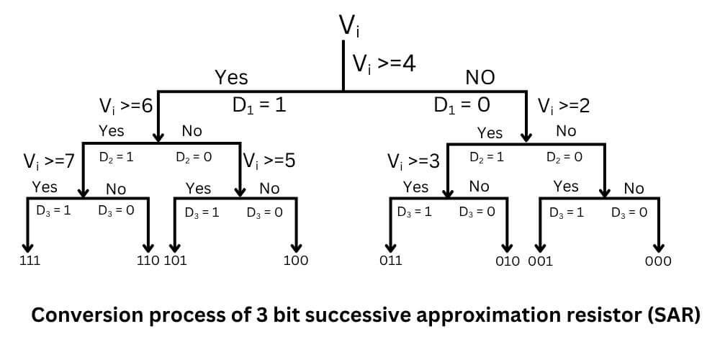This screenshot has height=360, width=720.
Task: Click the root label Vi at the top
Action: coord(349,26)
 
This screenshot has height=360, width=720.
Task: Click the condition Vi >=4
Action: coord(384,63)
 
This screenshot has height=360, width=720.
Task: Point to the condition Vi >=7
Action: coord(49,161)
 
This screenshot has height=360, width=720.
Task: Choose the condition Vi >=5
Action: coord(269,161)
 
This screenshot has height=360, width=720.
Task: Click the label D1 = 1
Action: coord(259,105)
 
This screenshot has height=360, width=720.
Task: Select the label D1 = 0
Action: coord(462,105)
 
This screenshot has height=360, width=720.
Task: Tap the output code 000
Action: coord(657,261)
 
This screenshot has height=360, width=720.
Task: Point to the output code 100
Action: coord(295,261)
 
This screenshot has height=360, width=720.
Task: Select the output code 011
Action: coord(391,261)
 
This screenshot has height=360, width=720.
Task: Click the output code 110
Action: coord(148,261)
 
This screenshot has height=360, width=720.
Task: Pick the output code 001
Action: coord(541,261)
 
